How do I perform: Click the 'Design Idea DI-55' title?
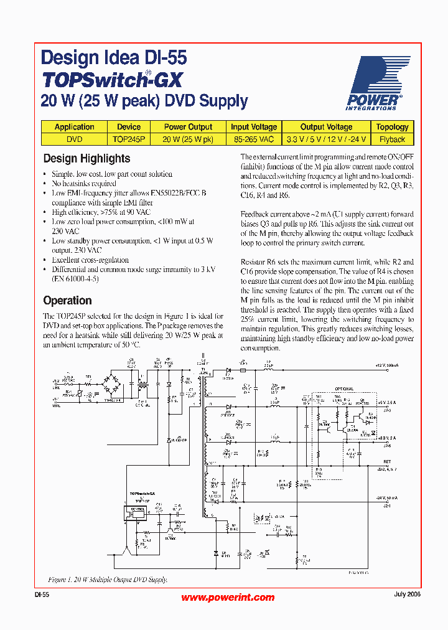(x=113, y=59)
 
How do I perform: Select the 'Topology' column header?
(x=392, y=127)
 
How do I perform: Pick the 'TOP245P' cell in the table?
(x=129, y=139)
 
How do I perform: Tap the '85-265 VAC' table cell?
(x=254, y=139)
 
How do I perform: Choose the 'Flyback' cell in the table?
(x=392, y=139)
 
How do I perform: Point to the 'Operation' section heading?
(x=67, y=301)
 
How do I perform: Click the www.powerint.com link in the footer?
(x=228, y=597)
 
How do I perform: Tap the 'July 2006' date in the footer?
(x=407, y=595)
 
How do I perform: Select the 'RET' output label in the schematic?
(x=386, y=462)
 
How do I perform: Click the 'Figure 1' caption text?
(x=108, y=580)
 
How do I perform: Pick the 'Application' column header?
(x=74, y=127)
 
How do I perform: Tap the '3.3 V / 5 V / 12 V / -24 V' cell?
(x=326, y=139)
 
